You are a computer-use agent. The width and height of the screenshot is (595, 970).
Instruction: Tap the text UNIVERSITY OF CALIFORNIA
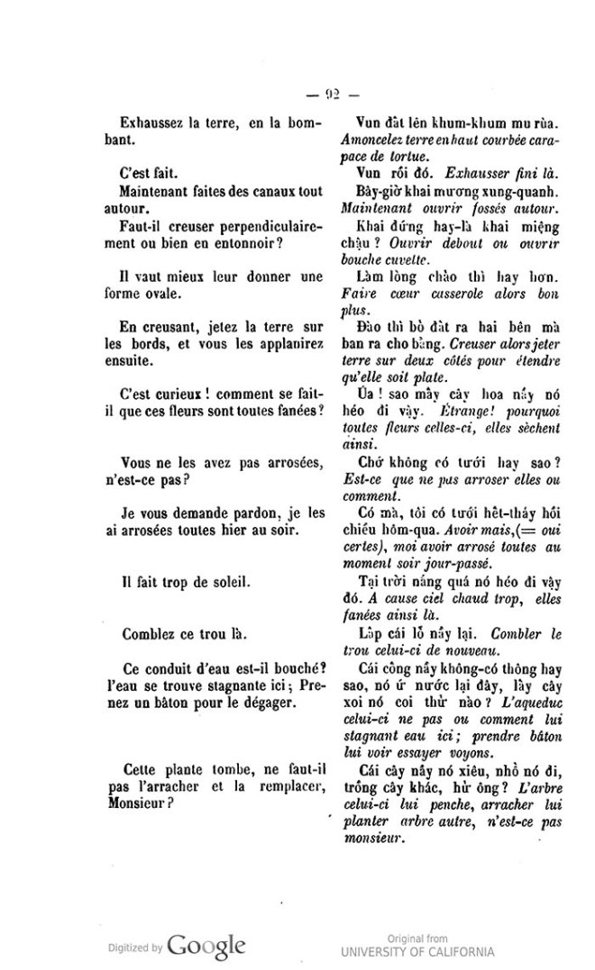(x=417, y=951)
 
